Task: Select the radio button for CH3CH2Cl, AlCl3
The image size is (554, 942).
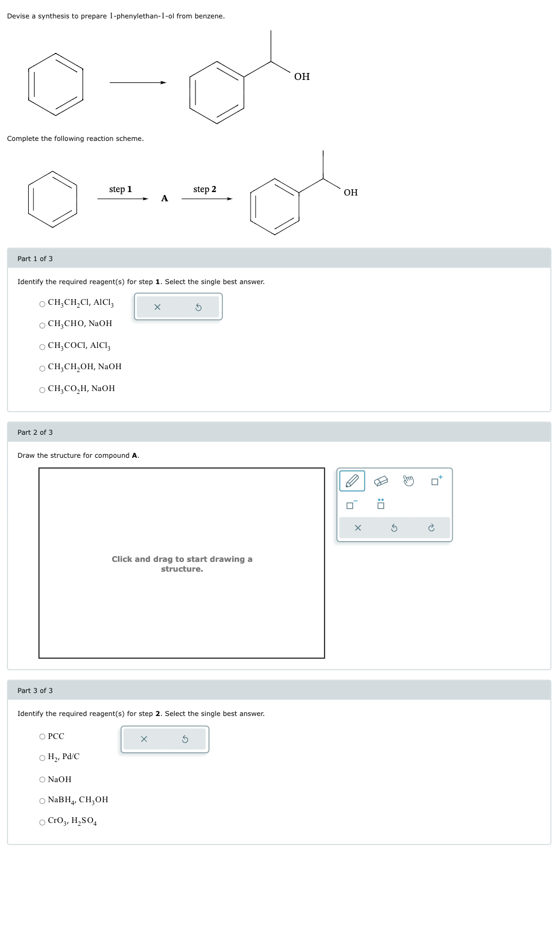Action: coord(42,304)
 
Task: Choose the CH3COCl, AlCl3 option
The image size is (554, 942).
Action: coord(42,347)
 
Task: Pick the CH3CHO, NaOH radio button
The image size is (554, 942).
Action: coord(42,326)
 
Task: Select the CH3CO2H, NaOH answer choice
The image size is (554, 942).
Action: coord(42,390)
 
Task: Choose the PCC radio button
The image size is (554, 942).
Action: coord(42,737)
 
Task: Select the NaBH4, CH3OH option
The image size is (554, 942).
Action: coord(42,801)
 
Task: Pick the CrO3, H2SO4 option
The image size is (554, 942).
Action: coord(42,822)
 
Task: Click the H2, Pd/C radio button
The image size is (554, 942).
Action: coord(42,758)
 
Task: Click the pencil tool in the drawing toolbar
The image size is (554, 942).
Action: coord(352,481)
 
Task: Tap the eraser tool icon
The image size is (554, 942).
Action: coord(380,481)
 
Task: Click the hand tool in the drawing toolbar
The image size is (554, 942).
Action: coord(408,481)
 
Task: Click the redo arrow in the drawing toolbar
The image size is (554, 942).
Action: coord(431,528)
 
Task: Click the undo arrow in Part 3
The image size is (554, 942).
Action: coord(185,739)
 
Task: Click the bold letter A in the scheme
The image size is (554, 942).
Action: coord(164,198)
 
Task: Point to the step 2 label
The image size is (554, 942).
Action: coord(205,189)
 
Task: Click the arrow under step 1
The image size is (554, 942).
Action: coord(122,199)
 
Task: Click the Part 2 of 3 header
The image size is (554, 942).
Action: coord(35,432)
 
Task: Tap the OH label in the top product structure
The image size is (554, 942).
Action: coord(302,76)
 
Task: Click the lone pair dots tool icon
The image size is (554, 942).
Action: coord(380,504)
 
